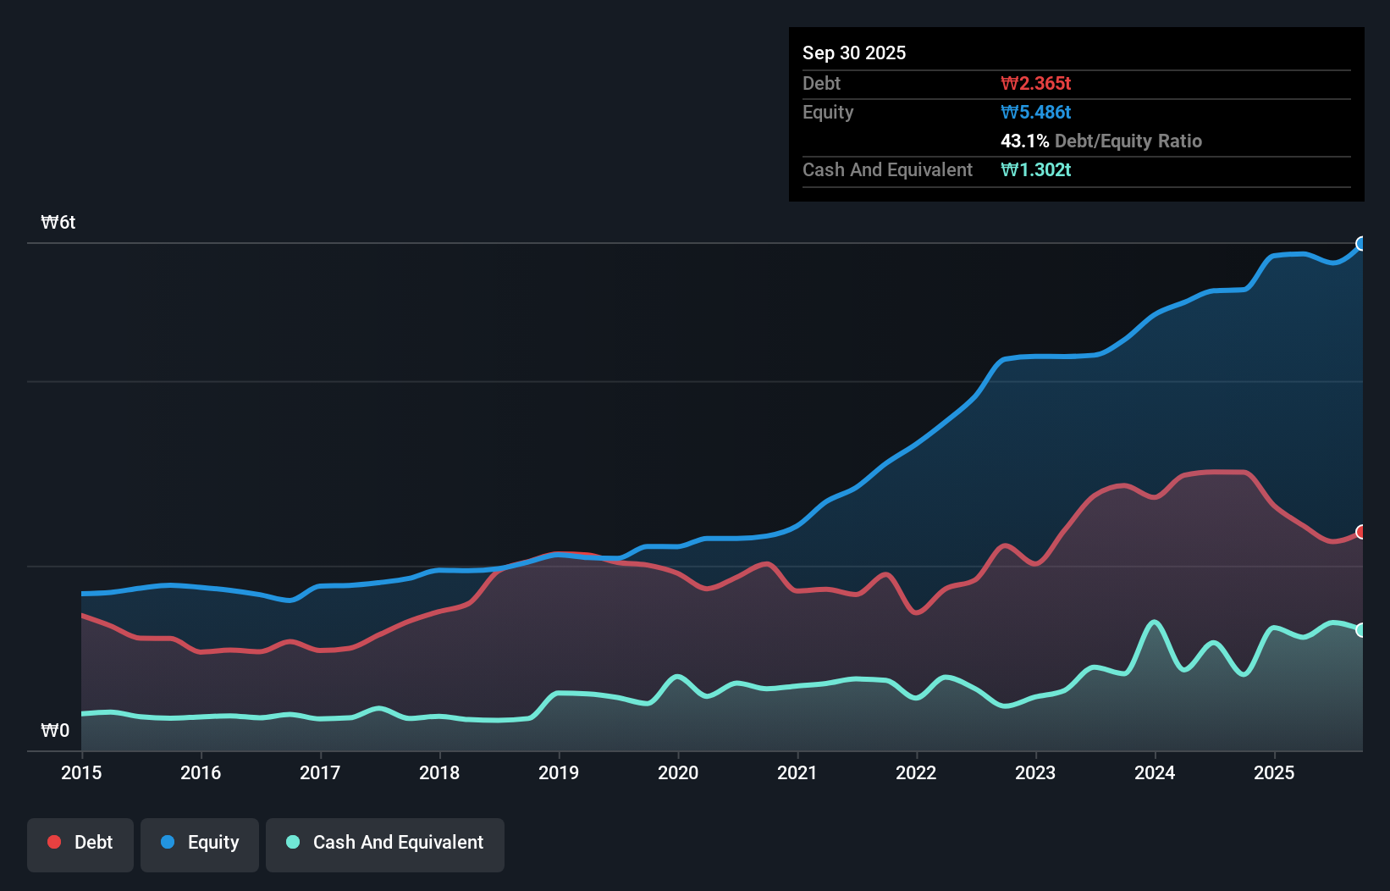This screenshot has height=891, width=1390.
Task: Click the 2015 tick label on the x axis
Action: click(81, 772)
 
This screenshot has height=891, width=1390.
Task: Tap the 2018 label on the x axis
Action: click(439, 772)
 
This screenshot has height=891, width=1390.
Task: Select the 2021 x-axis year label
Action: click(797, 772)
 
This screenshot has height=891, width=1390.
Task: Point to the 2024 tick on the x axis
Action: click(1155, 772)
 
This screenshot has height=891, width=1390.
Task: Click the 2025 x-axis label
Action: click(1274, 772)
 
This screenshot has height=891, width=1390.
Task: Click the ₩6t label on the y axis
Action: click(58, 223)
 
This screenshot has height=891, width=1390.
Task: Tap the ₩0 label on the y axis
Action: click(55, 730)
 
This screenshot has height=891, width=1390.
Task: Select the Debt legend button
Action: click(80, 843)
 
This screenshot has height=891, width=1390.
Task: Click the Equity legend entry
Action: click(200, 843)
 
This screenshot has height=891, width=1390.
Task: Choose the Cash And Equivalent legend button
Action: click(385, 843)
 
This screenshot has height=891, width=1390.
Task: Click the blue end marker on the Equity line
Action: click(1361, 244)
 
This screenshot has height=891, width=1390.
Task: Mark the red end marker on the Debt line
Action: click(1361, 532)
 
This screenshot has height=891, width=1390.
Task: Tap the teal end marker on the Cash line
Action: click(1361, 630)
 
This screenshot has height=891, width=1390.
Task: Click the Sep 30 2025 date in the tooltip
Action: click(854, 53)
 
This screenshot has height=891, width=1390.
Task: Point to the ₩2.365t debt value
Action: click(1035, 83)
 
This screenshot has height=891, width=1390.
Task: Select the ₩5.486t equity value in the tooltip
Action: click(1035, 112)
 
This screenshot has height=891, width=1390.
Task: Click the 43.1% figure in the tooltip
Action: click(1024, 141)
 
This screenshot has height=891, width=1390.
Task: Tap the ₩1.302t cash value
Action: click(1035, 169)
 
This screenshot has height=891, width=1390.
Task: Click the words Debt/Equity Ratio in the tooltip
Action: click(1128, 141)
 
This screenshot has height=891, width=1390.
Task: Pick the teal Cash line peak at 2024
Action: click(1154, 623)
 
